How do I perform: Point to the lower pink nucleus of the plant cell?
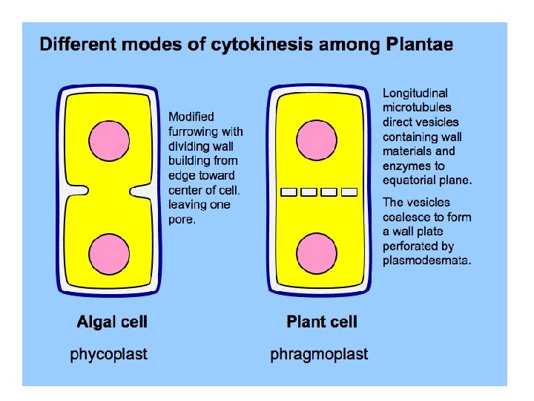click(317, 255)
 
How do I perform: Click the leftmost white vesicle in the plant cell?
click(289, 193)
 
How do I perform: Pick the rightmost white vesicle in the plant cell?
click(349, 193)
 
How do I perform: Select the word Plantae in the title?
click(421, 45)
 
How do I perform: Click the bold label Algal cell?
click(112, 322)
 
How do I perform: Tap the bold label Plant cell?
click(322, 322)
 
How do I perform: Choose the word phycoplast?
click(109, 354)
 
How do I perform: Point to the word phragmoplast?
click(319, 354)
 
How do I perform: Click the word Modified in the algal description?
click(191, 117)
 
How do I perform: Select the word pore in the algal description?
click(181, 219)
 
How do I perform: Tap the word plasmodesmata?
click(427, 261)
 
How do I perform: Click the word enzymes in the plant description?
click(406, 166)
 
